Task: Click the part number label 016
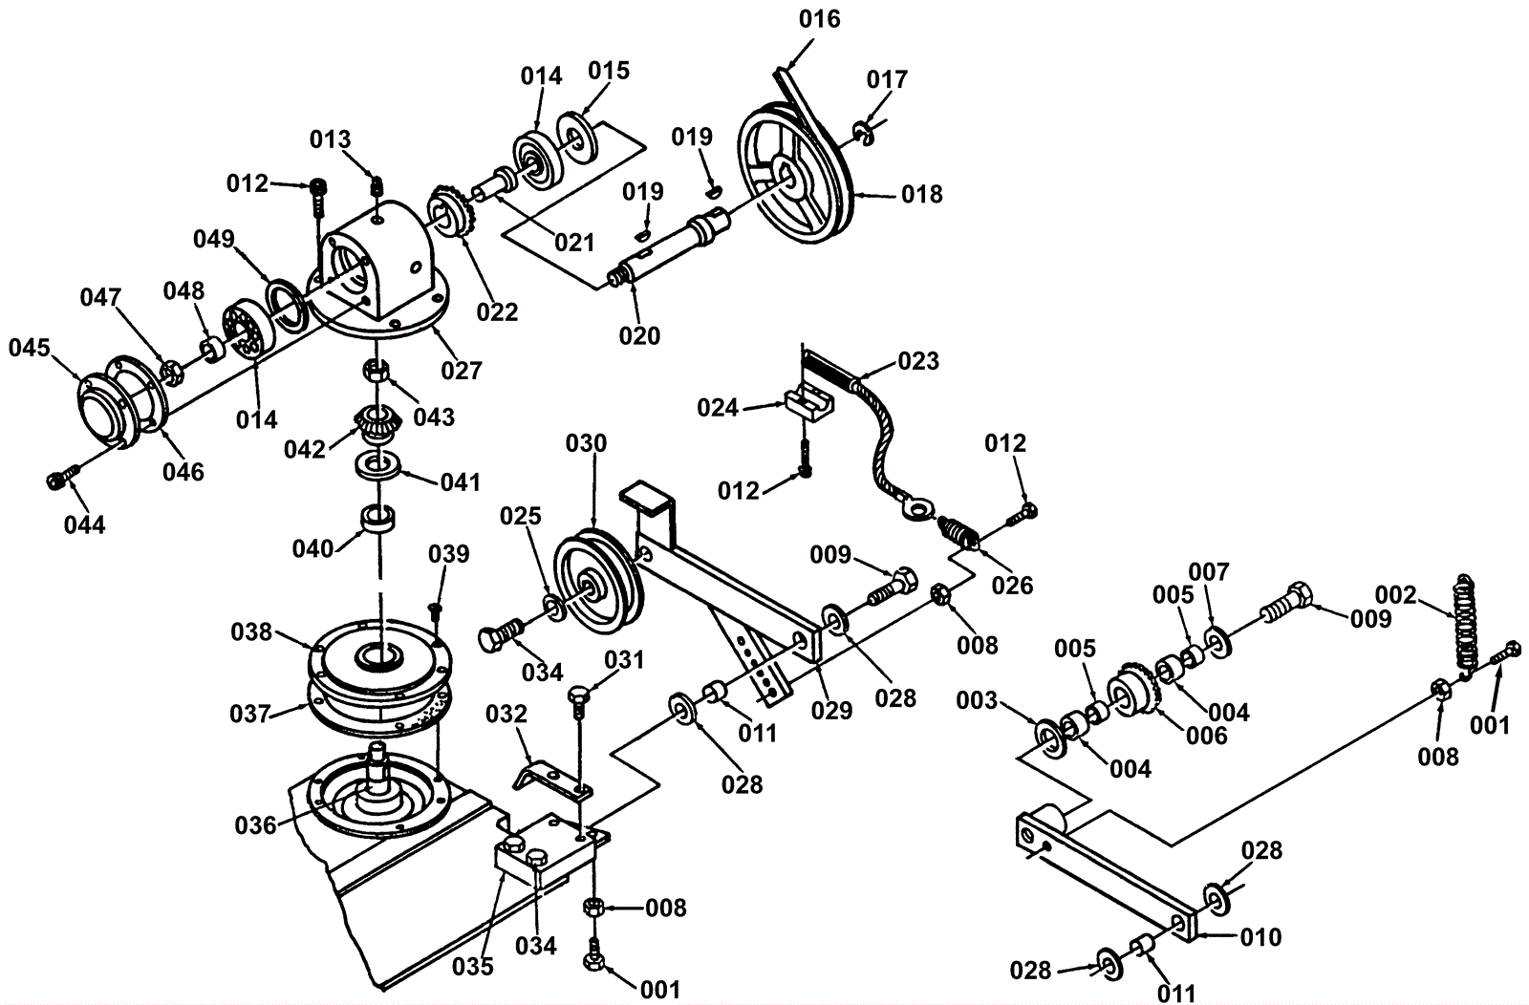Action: (x=820, y=20)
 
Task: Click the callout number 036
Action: (x=256, y=824)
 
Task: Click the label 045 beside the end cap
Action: (x=30, y=348)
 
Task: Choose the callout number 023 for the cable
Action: (x=918, y=360)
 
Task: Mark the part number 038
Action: (x=252, y=631)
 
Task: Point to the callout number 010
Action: (x=1260, y=937)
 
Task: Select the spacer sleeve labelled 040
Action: (x=378, y=519)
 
